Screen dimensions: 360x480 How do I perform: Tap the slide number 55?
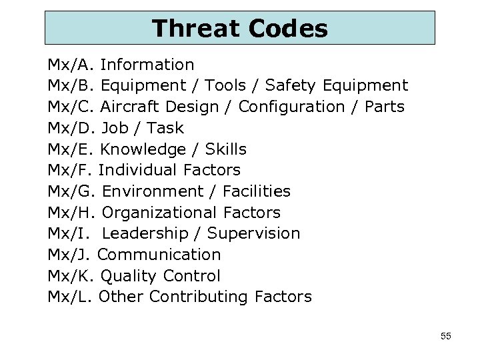coord(446,336)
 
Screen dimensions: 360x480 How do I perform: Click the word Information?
coord(147,65)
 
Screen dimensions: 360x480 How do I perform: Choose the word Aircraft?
coord(131,107)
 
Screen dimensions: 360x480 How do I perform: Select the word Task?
coord(165,127)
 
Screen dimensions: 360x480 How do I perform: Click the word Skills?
coord(225,149)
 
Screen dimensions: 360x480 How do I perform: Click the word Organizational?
coord(159,213)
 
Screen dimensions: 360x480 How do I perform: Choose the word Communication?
coord(159,255)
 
